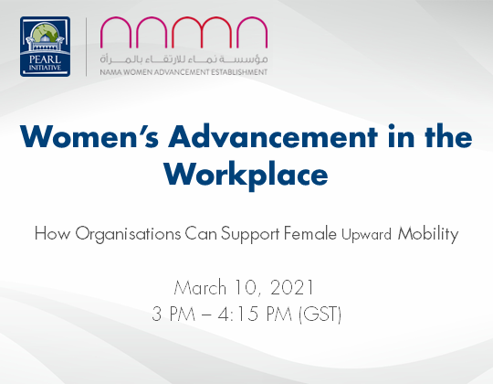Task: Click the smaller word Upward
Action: point(367,235)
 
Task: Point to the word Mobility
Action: point(427,234)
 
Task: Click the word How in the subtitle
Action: point(51,233)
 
